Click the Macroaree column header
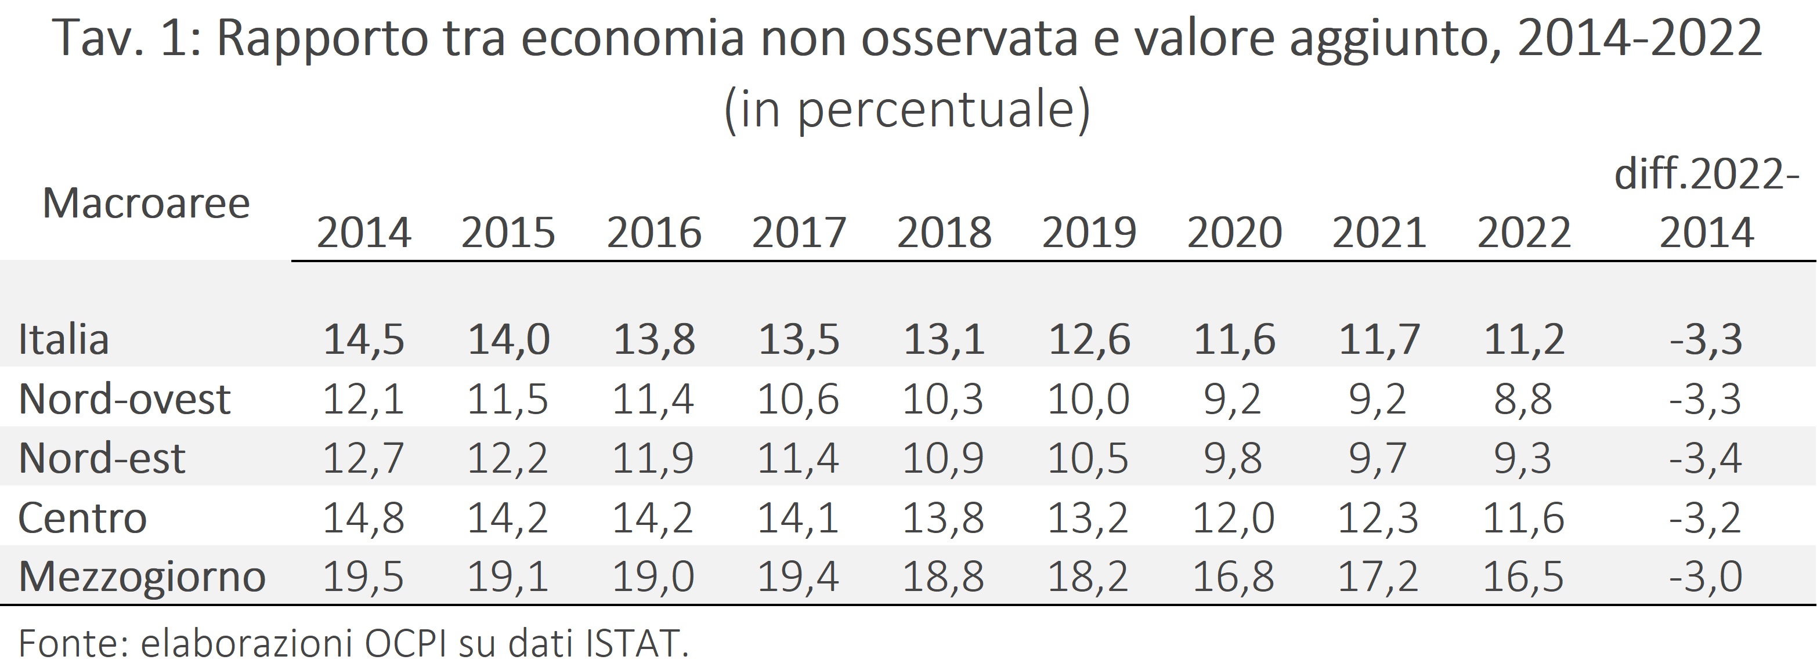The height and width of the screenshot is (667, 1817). (x=146, y=204)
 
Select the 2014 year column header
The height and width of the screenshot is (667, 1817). (x=363, y=233)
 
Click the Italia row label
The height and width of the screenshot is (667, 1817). (x=63, y=340)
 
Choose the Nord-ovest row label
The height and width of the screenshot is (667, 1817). (x=124, y=399)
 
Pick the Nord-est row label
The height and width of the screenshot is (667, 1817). (x=102, y=458)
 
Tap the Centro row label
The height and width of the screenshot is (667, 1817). (x=82, y=518)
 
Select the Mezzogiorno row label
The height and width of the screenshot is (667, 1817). (x=142, y=577)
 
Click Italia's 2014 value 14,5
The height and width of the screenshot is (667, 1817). (x=363, y=340)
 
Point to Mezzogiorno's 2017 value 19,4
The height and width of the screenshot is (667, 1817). (x=798, y=577)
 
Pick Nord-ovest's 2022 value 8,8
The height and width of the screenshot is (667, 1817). (x=1523, y=399)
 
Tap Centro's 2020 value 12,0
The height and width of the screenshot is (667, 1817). (x=1233, y=518)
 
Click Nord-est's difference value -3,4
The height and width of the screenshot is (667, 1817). (x=1706, y=458)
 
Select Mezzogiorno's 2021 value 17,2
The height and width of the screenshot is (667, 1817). (x=1378, y=577)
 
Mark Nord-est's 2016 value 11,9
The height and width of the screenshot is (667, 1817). (x=652, y=458)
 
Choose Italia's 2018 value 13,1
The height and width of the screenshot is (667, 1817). (x=944, y=340)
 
